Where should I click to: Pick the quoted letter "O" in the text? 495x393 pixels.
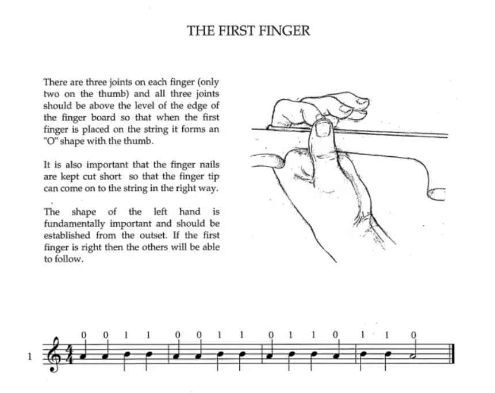click(x=52, y=142)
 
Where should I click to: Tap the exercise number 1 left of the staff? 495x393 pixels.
click(x=30, y=356)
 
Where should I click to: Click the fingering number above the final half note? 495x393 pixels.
click(x=413, y=335)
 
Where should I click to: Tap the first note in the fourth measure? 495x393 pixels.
click(x=363, y=353)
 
